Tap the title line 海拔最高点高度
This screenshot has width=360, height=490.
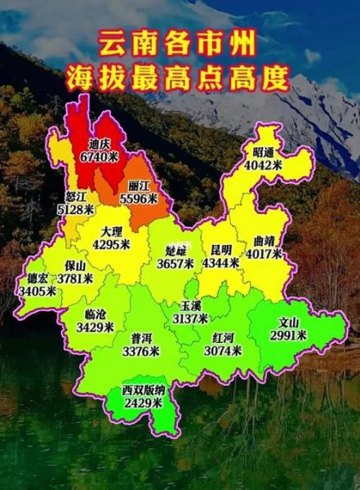pos(179,78)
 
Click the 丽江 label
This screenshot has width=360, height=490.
pos(138,185)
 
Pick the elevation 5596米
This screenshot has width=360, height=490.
pos(138,198)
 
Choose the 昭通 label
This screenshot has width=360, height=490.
pos(263,151)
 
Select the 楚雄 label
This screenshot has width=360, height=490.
pos(176,250)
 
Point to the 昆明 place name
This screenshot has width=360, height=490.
pos(222,250)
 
